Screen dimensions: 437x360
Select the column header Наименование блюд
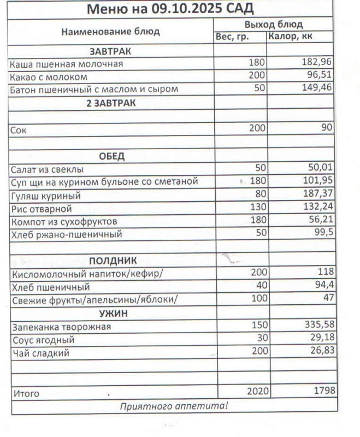click(x=110, y=32)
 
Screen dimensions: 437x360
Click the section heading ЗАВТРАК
click(x=111, y=51)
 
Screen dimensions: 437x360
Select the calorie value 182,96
click(x=317, y=62)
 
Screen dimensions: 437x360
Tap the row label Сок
click(x=18, y=131)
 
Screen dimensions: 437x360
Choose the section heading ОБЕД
click(x=111, y=156)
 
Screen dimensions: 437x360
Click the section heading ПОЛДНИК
click(x=113, y=261)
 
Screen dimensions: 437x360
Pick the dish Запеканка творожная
click(x=61, y=327)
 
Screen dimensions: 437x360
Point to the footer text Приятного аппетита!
click(x=173, y=406)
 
